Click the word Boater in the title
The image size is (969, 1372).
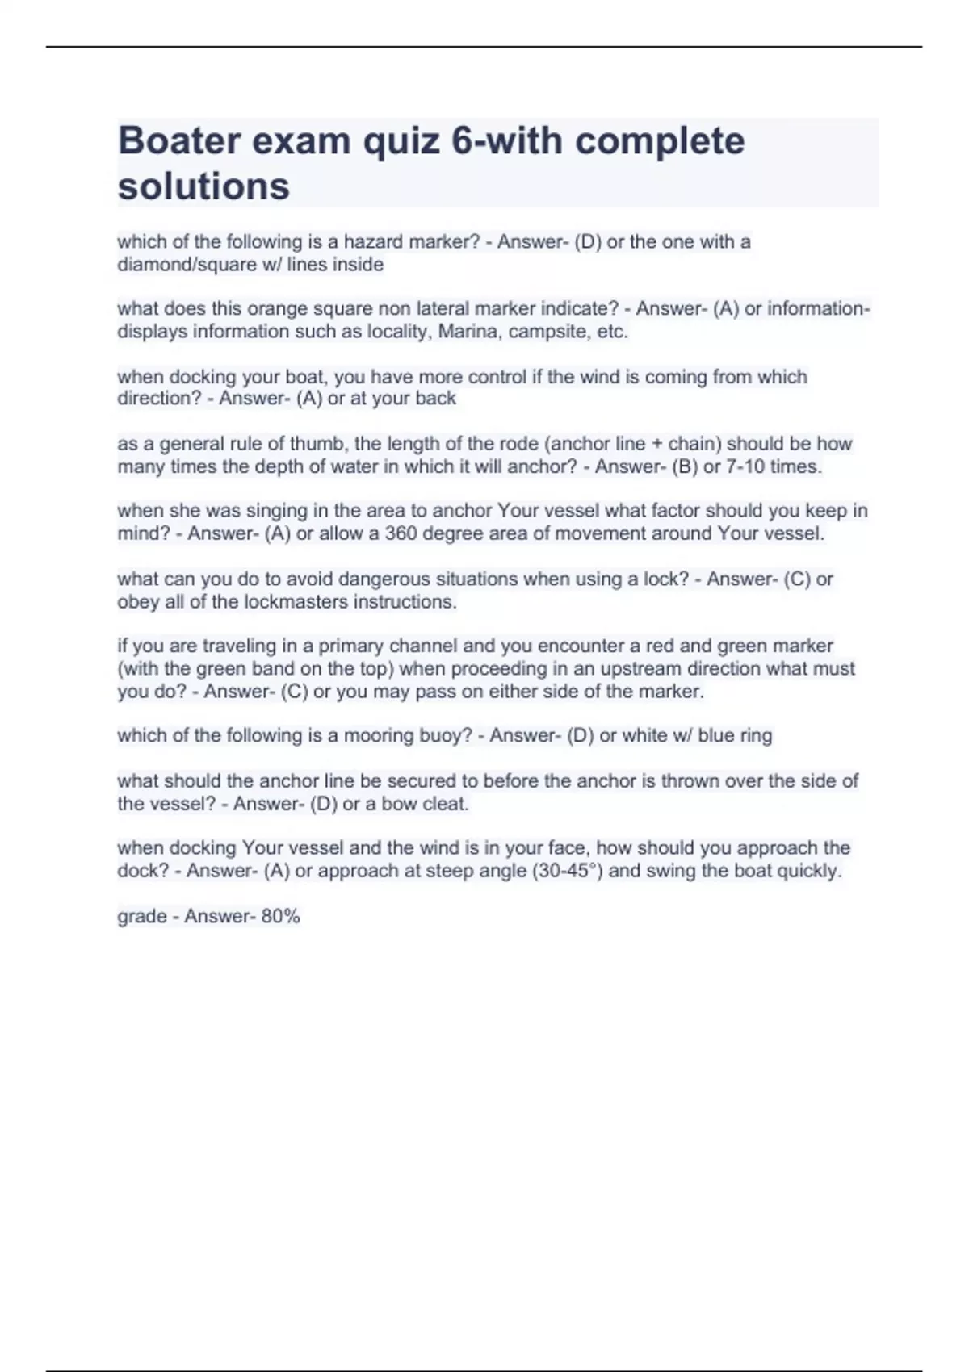tap(178, 140)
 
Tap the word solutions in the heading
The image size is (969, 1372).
tap(203, 186)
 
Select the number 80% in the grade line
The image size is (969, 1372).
tap(280, 916)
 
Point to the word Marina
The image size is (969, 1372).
tap(464, 331)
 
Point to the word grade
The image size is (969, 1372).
tap(142, 916)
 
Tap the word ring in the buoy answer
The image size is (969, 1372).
tap(755, 735)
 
